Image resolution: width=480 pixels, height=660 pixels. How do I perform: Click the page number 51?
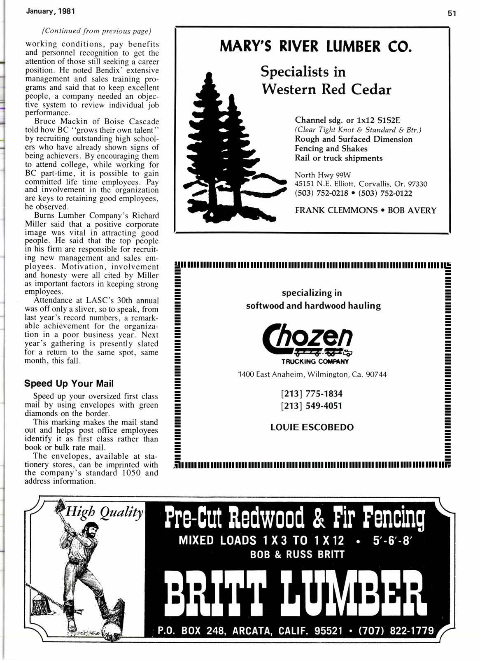coord(452,13)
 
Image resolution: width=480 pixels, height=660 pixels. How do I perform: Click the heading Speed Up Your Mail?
coord(69,383)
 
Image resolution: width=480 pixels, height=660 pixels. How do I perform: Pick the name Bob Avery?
coord(412,210)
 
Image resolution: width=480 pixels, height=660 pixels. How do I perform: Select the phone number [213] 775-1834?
coord(311,394)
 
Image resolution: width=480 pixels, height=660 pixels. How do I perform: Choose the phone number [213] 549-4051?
coord(311,406)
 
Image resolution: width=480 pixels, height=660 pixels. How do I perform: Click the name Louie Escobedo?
coord(312,427)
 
